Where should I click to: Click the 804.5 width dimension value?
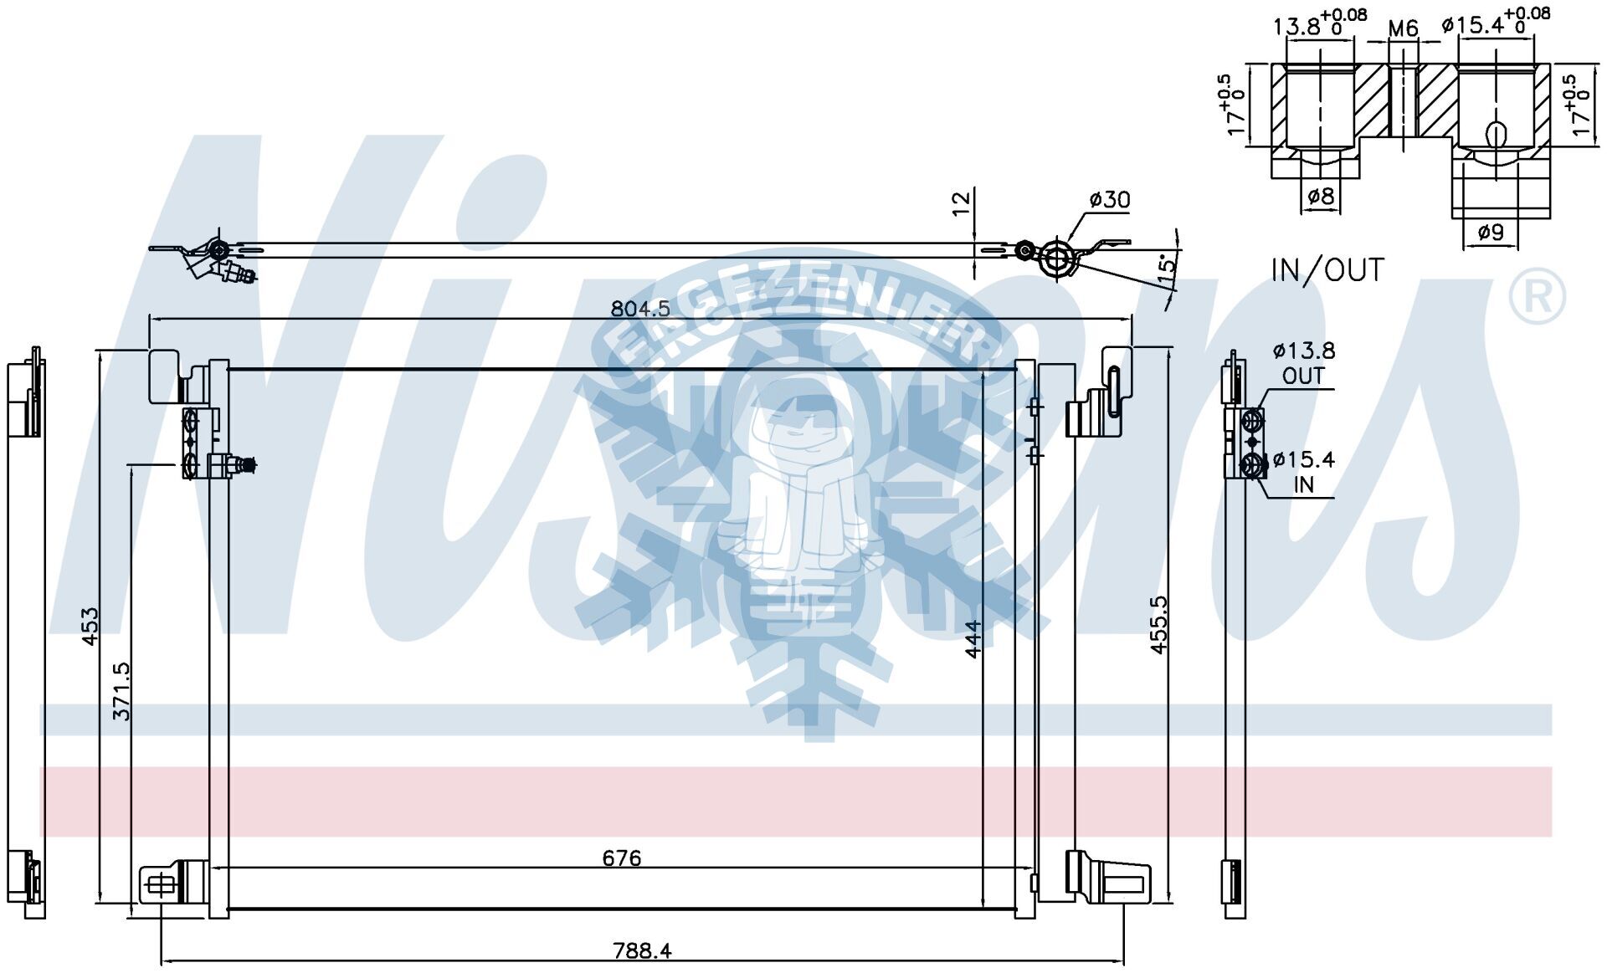pos(640,309)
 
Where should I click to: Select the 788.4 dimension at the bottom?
pos(642,950)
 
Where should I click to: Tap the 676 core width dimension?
pos(622,858)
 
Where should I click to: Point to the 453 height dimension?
pos(90,625)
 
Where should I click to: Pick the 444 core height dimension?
pos(972,638)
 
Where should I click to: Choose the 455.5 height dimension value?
pos(1159,625)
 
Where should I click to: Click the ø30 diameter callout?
pos(1109,199)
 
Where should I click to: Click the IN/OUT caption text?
pos(1327,269)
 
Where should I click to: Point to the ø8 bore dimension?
pos(1320,197)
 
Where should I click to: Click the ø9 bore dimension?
pos(1491,232)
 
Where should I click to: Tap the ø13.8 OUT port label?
pos(1304,363)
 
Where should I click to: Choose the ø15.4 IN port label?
pos(1303,471)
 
